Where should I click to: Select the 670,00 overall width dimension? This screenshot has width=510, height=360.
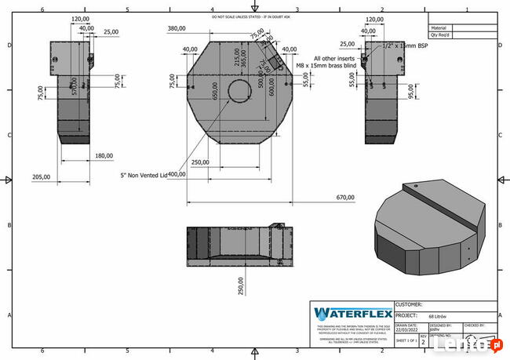click(x=344, y=198)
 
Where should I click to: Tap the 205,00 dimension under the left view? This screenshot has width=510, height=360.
click(x=41, y=176)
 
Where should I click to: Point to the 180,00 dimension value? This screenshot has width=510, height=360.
click(x=104, y=155)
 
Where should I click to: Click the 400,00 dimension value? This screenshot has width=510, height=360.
click(x=177, y=173)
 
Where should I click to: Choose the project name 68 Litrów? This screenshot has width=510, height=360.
click(x=439, y=316)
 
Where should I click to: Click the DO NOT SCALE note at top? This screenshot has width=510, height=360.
click(x=255, y=16)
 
